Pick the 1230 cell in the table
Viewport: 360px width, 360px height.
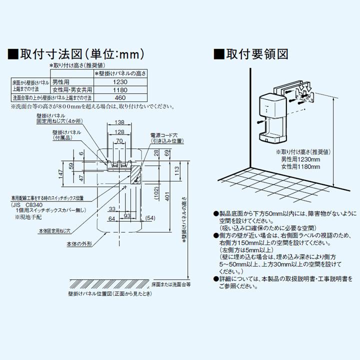[x=120, y=81]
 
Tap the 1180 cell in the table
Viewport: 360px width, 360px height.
[x=120, y=89]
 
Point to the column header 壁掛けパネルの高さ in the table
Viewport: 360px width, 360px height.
[x=120, y=73]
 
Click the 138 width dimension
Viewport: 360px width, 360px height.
[x=119, y=122]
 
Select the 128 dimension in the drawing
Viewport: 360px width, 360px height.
[x=119, y=132]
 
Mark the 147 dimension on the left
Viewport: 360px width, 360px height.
[x=60, y=174]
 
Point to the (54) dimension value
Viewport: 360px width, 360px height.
[x=150, y=218]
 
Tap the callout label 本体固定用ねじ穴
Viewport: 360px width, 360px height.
[x=55, y=231]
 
